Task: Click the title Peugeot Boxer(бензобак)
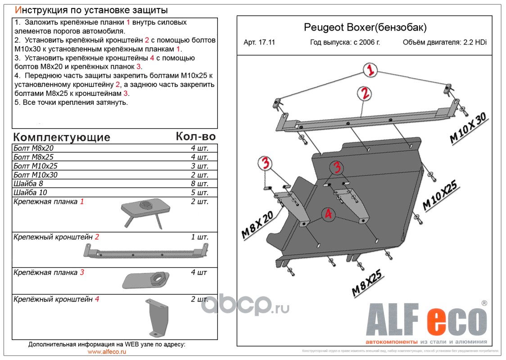[x=365, y=28]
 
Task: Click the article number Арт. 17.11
[x=259, y=43]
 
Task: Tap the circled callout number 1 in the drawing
[x=370, y=71]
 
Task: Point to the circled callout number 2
[x=365, y=93]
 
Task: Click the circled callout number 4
[x=329, y=215]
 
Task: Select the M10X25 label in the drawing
[x=440, y=195]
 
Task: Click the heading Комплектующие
[x=62, y=137]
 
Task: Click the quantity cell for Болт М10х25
[x=199, y=166]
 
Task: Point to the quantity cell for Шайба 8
[x=199, y=184]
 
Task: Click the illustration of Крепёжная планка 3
[x=145, y=280]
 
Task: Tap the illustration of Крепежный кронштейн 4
[x=156, y=317]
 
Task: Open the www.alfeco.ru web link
[x=107, y=351]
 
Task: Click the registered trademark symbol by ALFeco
[x=484, y=303]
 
